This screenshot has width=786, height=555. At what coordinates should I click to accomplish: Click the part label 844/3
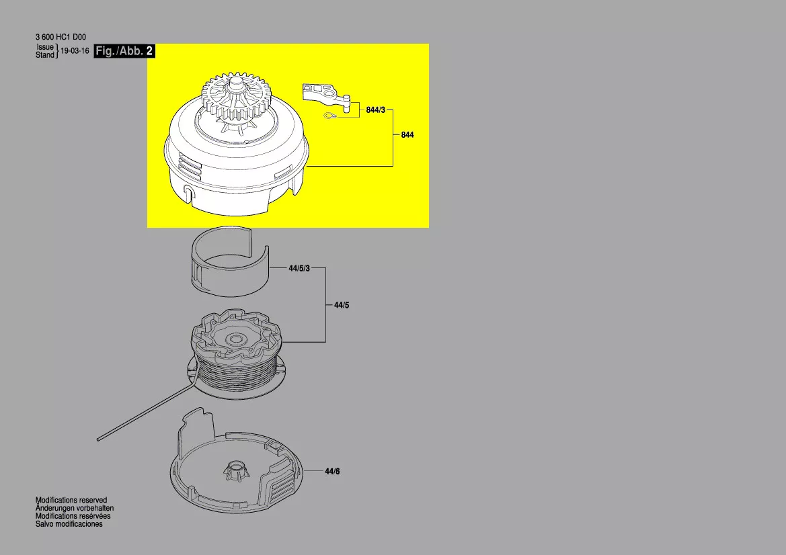(x=375, y=110)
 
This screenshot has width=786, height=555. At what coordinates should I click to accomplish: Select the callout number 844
(x=407, y=135)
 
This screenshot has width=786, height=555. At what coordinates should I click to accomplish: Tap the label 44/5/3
(x=299, y=269)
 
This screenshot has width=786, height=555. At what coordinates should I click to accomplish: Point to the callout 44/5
(x=342, y=305)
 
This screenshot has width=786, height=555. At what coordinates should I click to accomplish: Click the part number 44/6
(x=332, y=472)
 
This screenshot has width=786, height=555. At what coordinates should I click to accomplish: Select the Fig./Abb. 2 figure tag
(x=124, y=50)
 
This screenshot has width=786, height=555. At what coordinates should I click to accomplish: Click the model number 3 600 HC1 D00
(x=61, y=37)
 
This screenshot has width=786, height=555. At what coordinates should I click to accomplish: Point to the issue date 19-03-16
(x=75, y=51)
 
